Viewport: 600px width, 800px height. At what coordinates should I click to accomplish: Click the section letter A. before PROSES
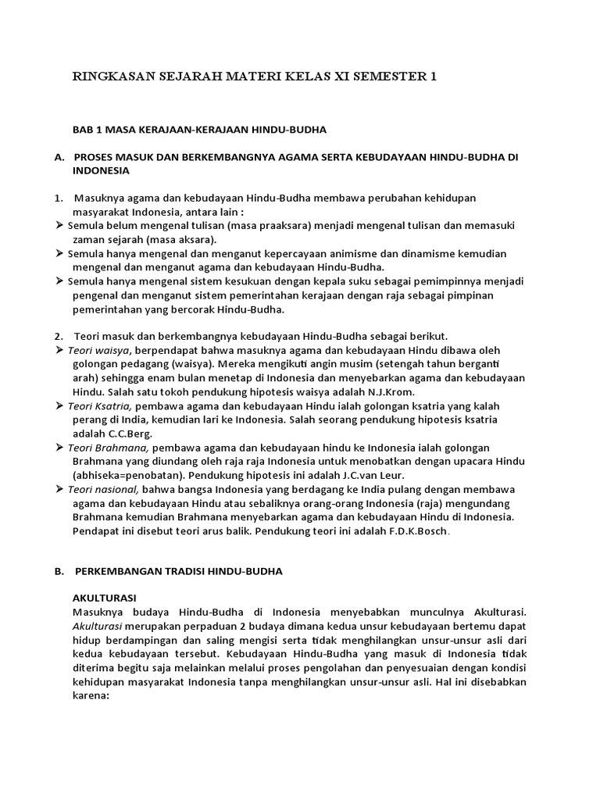pos(59,157)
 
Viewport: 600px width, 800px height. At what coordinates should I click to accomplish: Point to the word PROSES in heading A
pos(96,157)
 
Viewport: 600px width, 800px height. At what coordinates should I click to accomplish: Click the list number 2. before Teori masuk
pos(59,336)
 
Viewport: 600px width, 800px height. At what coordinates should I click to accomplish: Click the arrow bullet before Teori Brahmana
pos(60,448)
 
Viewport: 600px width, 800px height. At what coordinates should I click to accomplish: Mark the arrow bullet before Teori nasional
pos(60,489)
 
